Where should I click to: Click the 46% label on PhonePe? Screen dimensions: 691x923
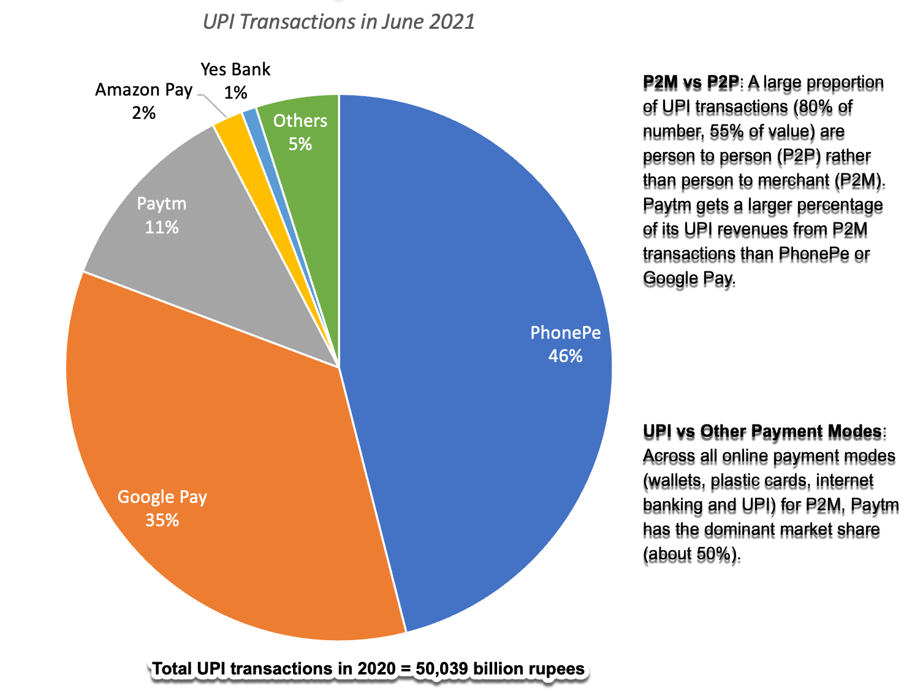pos(565,356)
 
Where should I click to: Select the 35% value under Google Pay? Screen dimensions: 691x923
pos(162,520)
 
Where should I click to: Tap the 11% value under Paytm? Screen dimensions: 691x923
pos(162,227)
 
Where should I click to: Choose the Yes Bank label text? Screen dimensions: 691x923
pos(235,70)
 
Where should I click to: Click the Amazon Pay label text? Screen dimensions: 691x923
pos(143,90)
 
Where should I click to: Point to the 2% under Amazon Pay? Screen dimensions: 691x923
pos(143,113)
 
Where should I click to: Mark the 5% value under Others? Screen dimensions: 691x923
pos(300,144)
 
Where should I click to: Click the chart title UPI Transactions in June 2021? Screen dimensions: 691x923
pos(338,22)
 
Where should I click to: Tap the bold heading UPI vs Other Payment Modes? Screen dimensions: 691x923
pos(762,432)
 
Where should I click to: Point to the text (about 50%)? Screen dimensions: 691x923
pos(691,554)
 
